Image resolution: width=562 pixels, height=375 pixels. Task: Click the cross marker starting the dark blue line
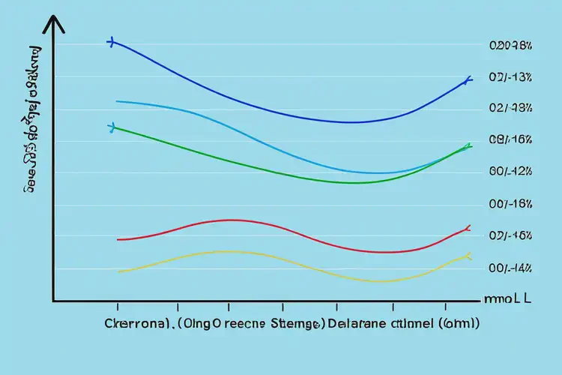click(x=111, y=43)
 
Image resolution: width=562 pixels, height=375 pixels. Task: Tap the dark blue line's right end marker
click(x=468, y=79)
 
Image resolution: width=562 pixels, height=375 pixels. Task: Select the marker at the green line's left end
click(x=111, y=127)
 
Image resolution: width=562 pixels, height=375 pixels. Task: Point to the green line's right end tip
click(x=468, y=146)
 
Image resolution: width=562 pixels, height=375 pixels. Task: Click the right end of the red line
click(x=468, y=226)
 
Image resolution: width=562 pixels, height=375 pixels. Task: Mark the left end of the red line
click(x=118, y=239)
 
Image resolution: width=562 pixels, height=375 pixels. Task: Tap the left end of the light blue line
click(x=117, y=100)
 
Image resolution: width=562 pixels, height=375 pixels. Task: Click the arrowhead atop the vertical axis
click(x=53, y=24)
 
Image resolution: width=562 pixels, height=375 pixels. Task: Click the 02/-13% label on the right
click(x=510, y=77)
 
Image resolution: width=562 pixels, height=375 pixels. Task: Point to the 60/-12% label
click(x=510, y=171)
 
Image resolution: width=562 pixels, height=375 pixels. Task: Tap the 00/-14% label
click(x=510, y=267)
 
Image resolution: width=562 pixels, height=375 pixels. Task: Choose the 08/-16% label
click(x=510, y=139)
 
